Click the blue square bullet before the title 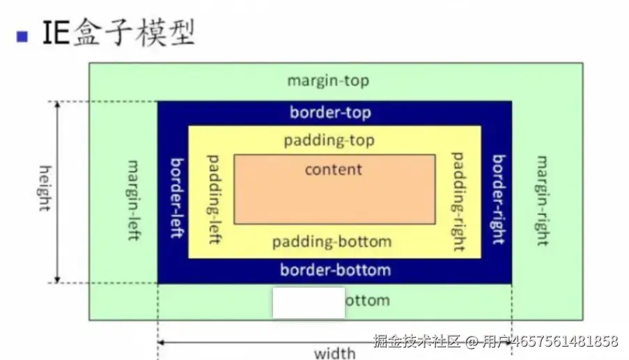(x=22, y=37)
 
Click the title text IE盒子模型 (x=118, y=33)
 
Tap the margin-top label (x=328, y=81)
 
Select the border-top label (x=330, y=112)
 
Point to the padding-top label (x=329, y=141)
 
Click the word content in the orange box (x=334, y=169)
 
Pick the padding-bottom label (x=332, y=242)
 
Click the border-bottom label (x=335, y=269)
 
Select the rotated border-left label (x=177, y=197)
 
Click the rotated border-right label (x=498, y=199)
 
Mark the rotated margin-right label (x=541, y=201)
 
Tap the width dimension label (x=335, y=353)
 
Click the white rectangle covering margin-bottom (x=309, y=302)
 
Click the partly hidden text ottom (x=368, y=301)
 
